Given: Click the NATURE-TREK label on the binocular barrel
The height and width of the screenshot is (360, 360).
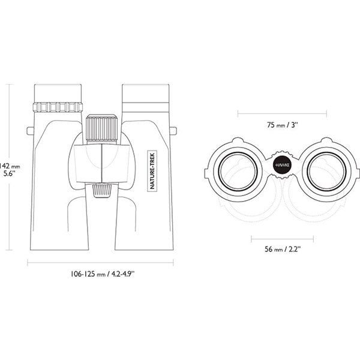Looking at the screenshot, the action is pos(152,170).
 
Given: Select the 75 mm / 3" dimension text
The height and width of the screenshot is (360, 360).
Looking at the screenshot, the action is pos(283,125).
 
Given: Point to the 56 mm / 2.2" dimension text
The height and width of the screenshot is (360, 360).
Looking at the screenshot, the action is pos(283,249).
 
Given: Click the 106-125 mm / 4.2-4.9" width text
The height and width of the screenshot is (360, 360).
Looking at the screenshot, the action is pos(103,274).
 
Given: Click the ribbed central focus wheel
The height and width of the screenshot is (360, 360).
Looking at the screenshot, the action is pos(102,129).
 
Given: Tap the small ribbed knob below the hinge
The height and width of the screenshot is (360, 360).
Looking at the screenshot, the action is pos(102,190).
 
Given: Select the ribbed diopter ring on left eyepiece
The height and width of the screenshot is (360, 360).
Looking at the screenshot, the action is pos(58,107).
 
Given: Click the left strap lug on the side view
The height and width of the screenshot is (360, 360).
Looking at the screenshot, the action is pos(31,131).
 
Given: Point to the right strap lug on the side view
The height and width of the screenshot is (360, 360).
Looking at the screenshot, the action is pos(173,131).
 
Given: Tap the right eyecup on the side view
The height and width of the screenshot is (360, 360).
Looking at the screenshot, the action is pos(146,94).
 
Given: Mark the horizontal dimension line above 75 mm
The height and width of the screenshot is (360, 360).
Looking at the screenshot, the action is pos(283,113).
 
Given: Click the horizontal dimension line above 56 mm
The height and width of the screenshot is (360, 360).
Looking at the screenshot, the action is pos(283,239).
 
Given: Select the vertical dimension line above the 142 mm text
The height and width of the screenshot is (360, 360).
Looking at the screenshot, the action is pos(9,122).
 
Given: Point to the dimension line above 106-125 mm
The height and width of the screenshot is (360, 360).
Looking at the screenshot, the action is pos(100,263).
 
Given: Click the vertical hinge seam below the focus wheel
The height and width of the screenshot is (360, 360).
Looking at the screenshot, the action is pos(101,163).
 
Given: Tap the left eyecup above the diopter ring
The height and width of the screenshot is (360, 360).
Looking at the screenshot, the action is pos(58,93).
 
